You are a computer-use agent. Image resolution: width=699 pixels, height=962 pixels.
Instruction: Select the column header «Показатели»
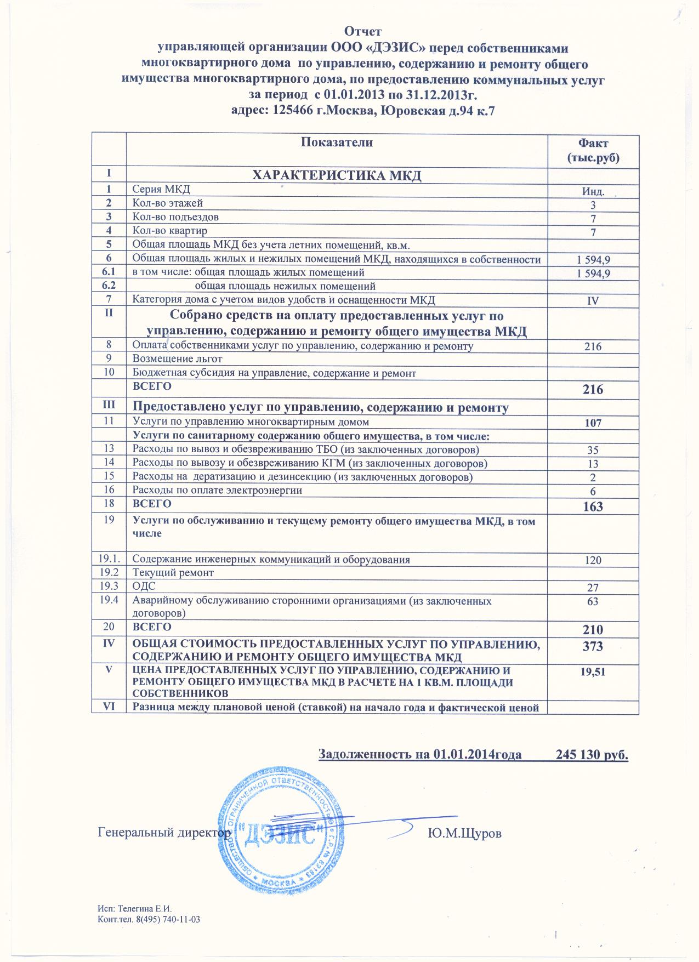tap(337, 143)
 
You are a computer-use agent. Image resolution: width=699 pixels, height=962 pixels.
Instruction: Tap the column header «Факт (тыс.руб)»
tap(593, 151)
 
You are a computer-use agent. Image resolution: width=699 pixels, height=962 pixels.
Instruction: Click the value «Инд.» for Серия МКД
tap(593, 192)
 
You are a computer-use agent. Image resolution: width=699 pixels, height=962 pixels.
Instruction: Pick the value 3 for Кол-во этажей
tap(593, 206)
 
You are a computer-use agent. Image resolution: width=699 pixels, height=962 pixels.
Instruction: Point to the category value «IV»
tap(593, 300)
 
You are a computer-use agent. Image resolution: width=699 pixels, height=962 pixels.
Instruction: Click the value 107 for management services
tap(593, 423)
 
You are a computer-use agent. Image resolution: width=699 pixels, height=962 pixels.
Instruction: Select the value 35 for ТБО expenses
tap(593, 451)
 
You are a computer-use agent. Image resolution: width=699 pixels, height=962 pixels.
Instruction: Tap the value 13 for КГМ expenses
tap(593, 464)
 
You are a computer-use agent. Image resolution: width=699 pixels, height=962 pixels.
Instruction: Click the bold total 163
tap(593, 506)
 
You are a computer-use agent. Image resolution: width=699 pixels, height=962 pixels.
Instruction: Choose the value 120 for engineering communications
tap(593, 560)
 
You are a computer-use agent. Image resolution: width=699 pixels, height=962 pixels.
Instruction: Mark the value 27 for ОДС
tap(593, 588)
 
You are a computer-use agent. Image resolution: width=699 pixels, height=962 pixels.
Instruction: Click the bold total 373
tap(593, 646)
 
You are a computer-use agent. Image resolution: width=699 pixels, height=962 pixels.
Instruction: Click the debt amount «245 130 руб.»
tap(592, 754)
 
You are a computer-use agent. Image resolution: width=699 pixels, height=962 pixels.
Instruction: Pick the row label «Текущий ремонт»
tap(173, 573)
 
